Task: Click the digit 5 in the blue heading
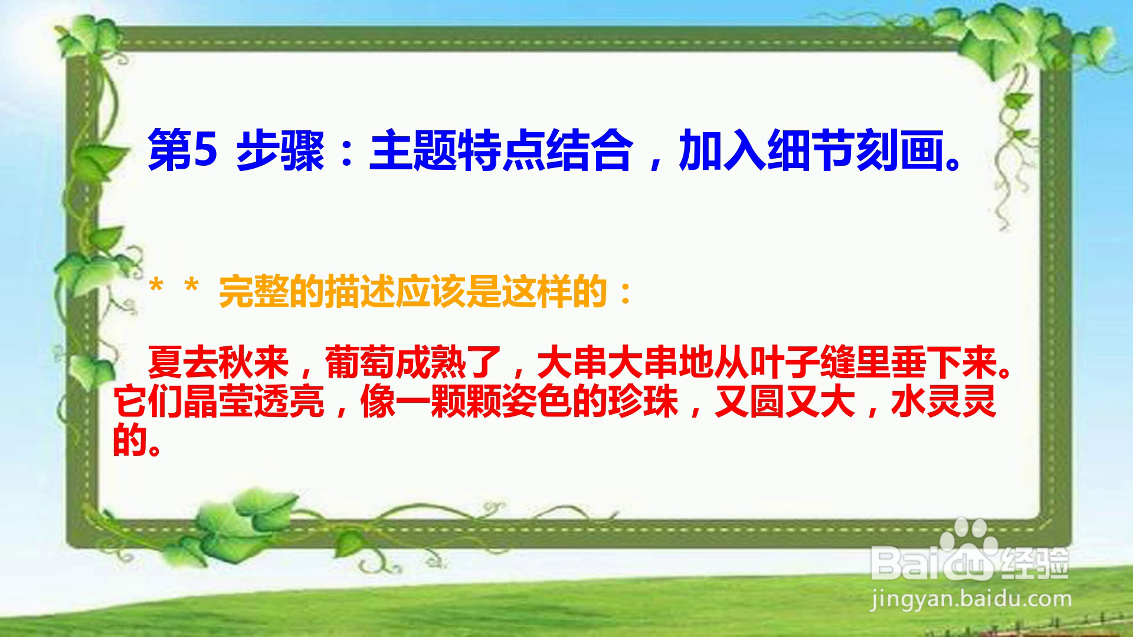coord(206,151)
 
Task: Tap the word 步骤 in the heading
coord(281,151)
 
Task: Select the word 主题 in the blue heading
coord(414,151)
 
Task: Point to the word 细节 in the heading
coord(811,151)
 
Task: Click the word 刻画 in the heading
coord(900,151)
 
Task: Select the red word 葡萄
coord(360,362)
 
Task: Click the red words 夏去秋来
coord(218,362)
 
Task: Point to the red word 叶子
coord(785,362)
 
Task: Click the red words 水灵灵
coord(944,401)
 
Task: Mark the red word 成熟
coord(431,362)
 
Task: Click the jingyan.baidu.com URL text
coord(971,600)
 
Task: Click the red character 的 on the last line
coord(130,439)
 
